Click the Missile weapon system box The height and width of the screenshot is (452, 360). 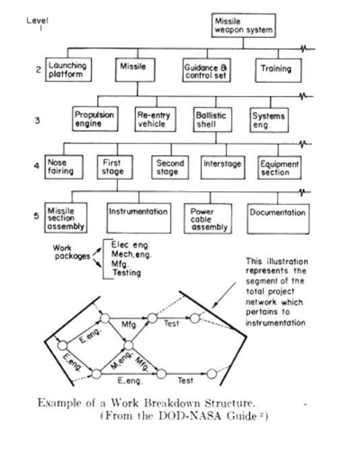click(x=243, y=26)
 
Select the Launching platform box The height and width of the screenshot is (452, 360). click(x=68, y=69)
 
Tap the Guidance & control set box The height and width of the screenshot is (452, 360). click(x=206, y=71)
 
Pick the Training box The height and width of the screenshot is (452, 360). click(x=278, y=70)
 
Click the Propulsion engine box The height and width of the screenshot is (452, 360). click(x=95, y=119)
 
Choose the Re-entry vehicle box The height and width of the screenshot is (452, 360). click(x=155, y=119)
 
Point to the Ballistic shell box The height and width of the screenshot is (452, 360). click(x=212, y=120)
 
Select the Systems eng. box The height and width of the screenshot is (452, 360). click(x=269, y=120)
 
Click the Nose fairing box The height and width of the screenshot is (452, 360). click(x=64, y=167)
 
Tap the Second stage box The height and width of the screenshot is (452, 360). click(x=170, y=168)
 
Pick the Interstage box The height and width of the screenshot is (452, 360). click(x=223, y=168)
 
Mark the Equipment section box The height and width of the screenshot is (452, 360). click(x=280, y=168)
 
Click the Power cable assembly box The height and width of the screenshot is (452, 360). click(x=208, y=218)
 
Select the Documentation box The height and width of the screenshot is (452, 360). click(x=278, y=219)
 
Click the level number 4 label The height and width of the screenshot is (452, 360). click(x=36, y=166)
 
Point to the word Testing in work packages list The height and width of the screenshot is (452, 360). click(x=127, y=273)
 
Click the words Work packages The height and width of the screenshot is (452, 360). click(x=71, y=252)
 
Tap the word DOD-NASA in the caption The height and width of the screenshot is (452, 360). click(x=190, y=416)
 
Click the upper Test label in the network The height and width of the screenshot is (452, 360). click(x=171, y=323)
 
